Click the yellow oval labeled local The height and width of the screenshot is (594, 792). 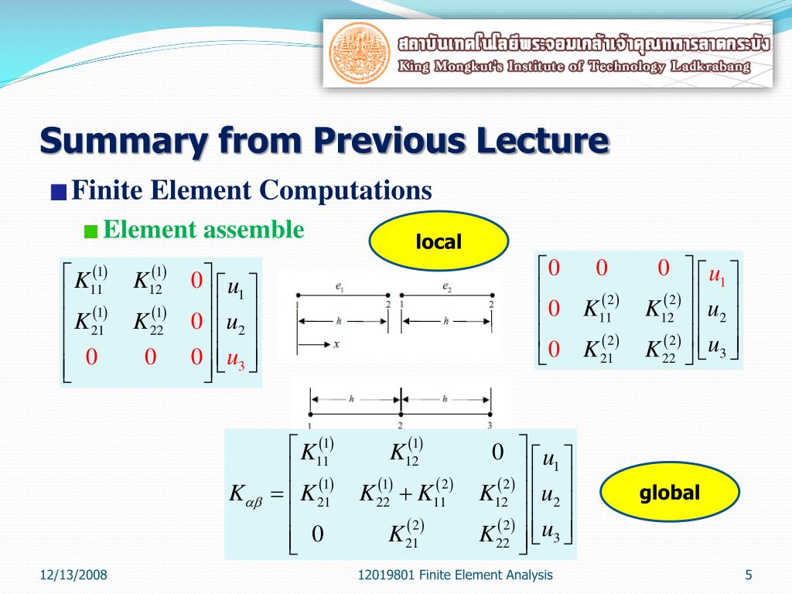coord(439,242)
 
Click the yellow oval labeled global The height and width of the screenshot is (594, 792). coord(669,493)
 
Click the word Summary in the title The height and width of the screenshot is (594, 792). coord(122,142)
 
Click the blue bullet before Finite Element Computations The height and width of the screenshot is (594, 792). coord(59,193)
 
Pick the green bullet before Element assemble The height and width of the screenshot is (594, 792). coord(91,231)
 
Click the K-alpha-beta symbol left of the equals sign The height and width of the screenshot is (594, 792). coord(247,493)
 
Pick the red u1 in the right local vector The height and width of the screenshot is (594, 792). coord(718,276)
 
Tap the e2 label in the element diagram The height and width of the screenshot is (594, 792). coord(447,286)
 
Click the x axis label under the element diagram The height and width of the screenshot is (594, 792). coord(336,345)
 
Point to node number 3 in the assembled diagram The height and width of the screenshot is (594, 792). coord(490,425)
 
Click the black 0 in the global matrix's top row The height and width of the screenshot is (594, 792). coord(498,452)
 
